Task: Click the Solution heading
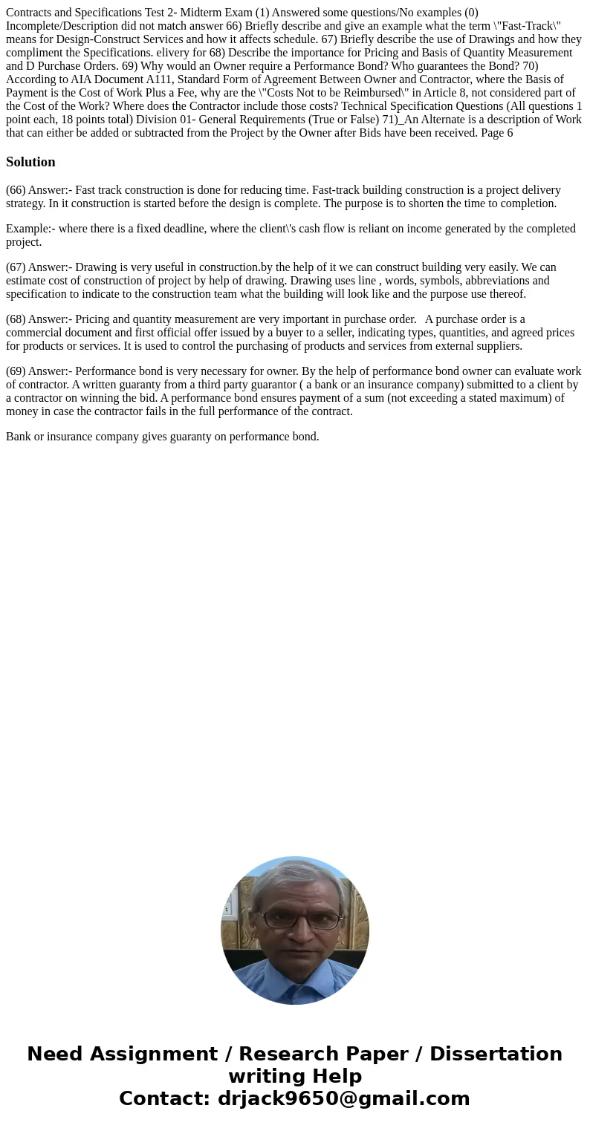click(30, 162)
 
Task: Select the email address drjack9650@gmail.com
click(343, 1099)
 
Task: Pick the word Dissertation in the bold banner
click(496, 1055)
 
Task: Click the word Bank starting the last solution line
click(19, 437)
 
